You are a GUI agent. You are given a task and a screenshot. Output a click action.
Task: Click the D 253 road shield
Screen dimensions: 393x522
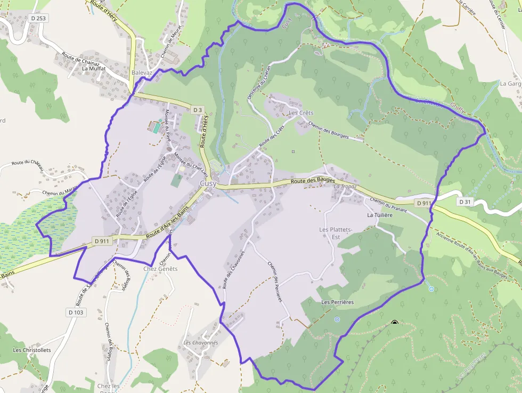(39, 18)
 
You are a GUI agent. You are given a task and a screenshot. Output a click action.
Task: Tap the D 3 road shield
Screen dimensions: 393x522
(198, 110)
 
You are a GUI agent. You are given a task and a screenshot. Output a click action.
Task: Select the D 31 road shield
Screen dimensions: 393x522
(465, 202)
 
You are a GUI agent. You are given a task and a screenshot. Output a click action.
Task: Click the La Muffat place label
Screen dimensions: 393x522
(94, 69)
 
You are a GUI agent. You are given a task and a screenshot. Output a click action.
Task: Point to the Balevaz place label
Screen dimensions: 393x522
(142, 73)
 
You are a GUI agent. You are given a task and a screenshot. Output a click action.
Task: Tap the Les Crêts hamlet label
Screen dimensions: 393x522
(301, 113)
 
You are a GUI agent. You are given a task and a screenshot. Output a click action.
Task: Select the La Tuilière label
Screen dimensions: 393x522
(380, 215)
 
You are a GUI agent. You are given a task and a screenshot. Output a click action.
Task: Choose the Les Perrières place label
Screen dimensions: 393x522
(338, 302)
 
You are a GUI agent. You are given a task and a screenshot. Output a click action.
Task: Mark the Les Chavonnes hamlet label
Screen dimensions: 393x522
(201, 342)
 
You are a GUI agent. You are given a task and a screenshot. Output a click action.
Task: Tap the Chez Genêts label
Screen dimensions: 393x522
(160, 269)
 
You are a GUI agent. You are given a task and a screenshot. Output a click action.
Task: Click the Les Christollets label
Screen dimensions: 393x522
(32, 350)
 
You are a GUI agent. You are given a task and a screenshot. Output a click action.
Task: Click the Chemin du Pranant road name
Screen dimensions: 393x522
(388, 206)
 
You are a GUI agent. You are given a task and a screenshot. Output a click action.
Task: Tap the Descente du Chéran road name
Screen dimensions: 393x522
(258, 83)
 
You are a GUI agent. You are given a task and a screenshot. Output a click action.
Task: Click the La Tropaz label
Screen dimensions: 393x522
(345, 187)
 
